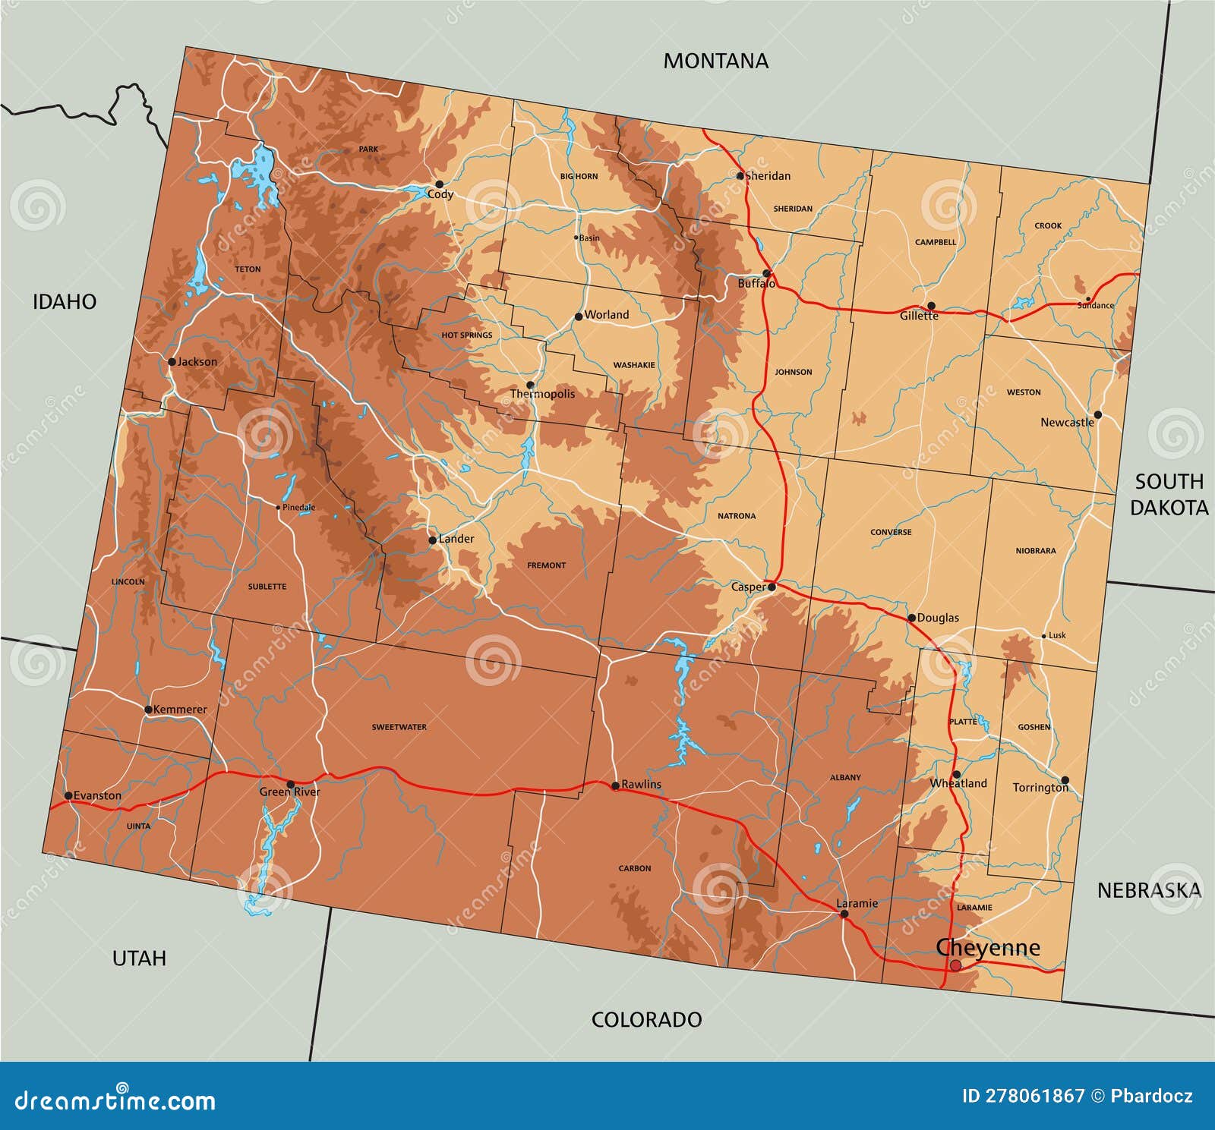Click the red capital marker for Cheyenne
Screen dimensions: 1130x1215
[955, 965]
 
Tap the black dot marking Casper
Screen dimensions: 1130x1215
[772, 587]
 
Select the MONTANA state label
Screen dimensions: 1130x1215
[715, 61]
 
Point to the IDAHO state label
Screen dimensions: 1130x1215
[65, 302]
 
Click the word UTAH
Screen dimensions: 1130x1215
[139, 958]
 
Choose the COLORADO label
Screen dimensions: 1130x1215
[646, 1019]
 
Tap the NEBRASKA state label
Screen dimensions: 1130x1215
[1149, 890]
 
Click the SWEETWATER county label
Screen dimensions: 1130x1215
[399, 727]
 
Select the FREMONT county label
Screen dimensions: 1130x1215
[546, 565]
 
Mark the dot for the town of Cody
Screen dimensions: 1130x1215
[439, 184]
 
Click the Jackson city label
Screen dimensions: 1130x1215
[197, 362]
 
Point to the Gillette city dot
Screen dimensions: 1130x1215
[931, 306]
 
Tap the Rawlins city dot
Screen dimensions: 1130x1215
[615, 785]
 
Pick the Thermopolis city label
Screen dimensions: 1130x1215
[542, 394]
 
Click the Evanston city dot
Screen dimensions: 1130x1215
[68, 795]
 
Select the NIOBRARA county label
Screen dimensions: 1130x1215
[1035, 551]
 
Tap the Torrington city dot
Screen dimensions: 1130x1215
[1065, 779]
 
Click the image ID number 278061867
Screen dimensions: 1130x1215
[1023, 1096]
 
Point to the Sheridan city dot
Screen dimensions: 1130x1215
[740, 176]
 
